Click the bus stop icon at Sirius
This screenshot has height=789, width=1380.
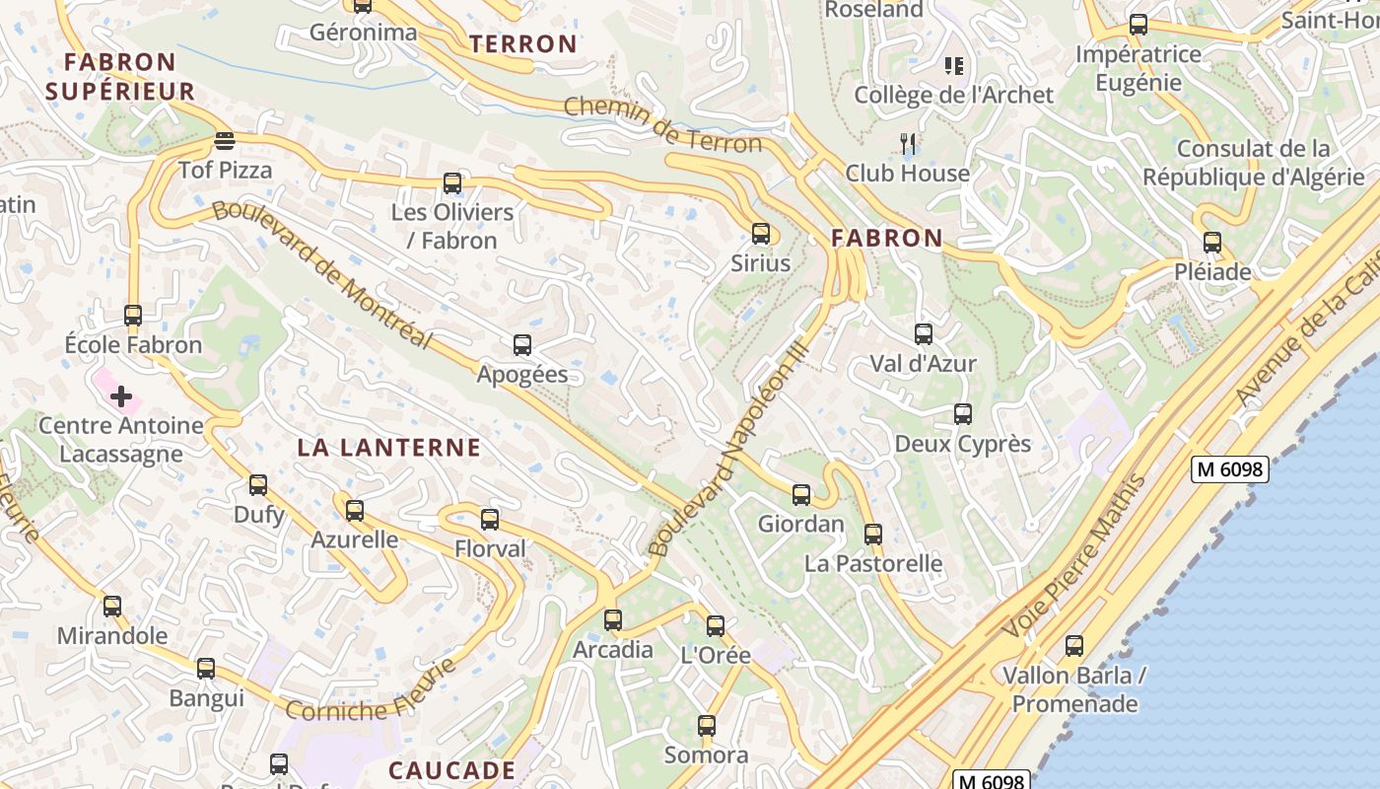click(760, 234)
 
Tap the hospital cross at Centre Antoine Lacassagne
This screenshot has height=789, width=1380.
click(121, 396)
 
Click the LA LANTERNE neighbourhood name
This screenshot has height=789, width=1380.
click(389, 448)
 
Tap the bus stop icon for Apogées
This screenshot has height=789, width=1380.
click(522, 345)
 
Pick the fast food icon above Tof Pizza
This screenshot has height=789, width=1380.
click(225, 140)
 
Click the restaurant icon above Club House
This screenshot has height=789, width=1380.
click(908, 144)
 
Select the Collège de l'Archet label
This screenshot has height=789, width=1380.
click(953, 95)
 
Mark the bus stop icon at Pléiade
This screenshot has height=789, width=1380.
click(1211, 242)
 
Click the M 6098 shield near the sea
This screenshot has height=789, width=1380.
click(1228, 469)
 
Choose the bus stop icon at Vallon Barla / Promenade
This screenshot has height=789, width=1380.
click(1073, 646)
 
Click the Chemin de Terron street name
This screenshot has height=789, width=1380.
click(663, 124)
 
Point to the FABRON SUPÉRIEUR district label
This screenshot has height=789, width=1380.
click(120, 77)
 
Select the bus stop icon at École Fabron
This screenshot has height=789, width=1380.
click(133, 316)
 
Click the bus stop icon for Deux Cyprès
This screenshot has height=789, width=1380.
click(962, 414)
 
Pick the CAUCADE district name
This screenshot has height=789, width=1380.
click(451, 770)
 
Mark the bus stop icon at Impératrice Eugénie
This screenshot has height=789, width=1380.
click(1138, 25)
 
